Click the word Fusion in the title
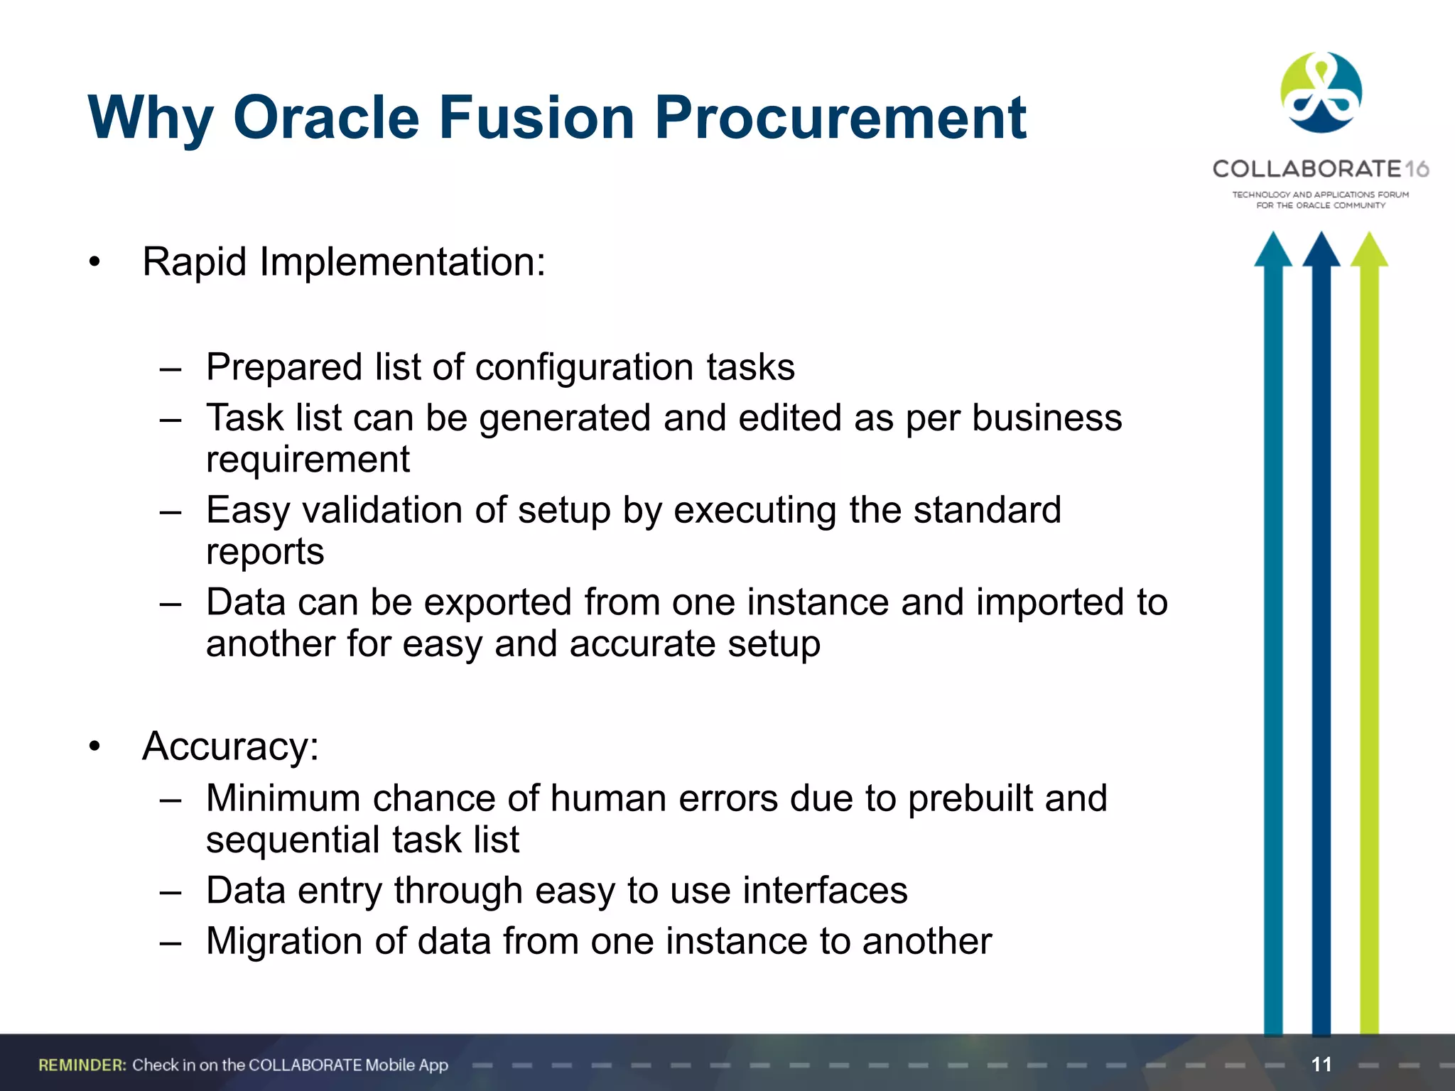536,117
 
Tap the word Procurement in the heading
840,117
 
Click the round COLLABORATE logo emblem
1321,93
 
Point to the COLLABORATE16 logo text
1320,169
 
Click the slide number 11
1321,1064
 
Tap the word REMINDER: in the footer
82,1065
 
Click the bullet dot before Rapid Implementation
94,263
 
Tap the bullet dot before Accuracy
94,747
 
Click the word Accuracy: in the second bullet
230,747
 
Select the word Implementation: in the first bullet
402,263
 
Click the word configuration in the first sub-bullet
584,368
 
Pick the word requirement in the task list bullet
308,460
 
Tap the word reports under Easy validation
265,552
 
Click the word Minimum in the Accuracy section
283,798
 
